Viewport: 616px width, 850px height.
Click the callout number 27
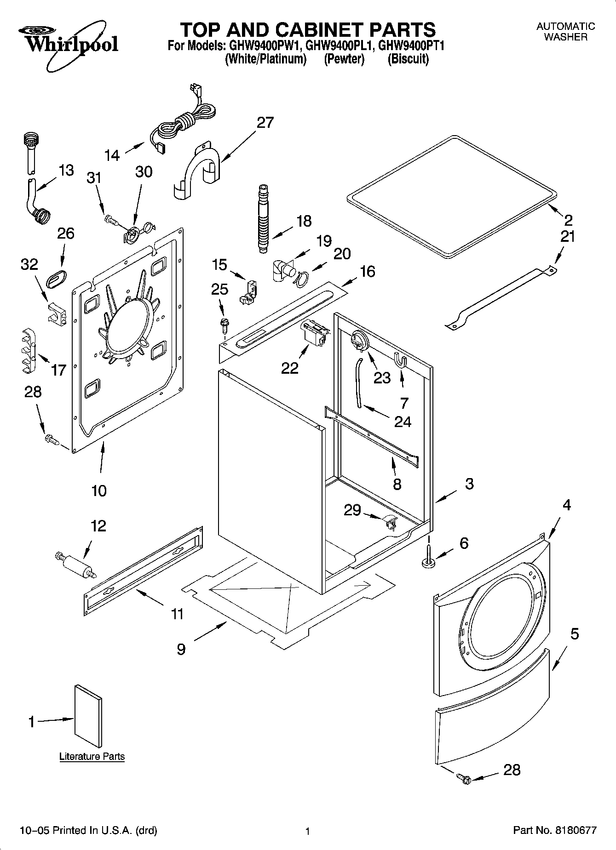[x=265, y=122]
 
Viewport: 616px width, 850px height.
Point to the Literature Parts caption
[x=92, y=756]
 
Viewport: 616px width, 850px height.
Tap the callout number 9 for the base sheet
[x=181, y=649]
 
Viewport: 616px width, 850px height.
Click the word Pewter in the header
[x=344, y=59]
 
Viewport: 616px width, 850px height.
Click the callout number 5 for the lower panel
[x=574, y=634]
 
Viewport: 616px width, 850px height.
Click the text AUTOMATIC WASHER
[x=565, y=32]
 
